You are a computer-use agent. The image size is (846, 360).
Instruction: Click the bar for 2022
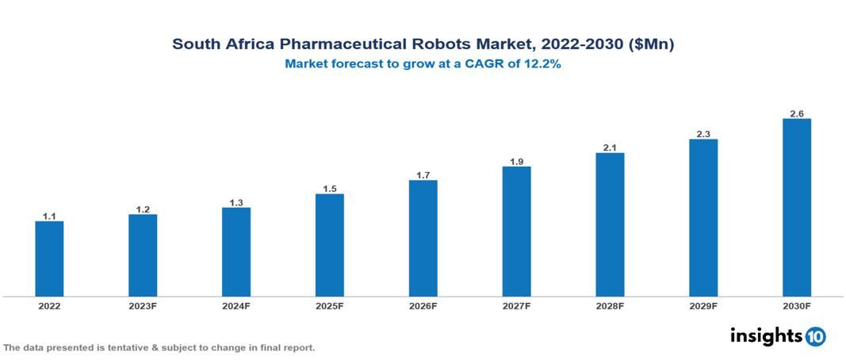49,259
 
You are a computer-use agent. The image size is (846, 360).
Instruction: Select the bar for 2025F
330,245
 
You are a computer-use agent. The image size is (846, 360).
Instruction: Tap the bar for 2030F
797,208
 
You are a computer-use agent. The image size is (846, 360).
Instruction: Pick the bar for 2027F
516,232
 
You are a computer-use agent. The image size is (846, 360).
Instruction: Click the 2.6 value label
797,113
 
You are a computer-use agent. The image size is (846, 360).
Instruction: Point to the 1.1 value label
49,216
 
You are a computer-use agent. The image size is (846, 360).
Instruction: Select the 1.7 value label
423,174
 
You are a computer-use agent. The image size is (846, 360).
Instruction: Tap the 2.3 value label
703,134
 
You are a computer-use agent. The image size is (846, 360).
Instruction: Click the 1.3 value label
236,202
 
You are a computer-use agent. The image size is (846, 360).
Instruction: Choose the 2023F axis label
143,305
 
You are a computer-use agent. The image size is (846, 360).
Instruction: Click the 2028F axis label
610,305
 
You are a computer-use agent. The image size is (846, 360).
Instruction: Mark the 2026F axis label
423,305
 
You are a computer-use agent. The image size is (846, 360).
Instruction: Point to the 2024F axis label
236,305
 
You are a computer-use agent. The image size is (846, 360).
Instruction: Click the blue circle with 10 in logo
815,336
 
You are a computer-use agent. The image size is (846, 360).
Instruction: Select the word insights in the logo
766,335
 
